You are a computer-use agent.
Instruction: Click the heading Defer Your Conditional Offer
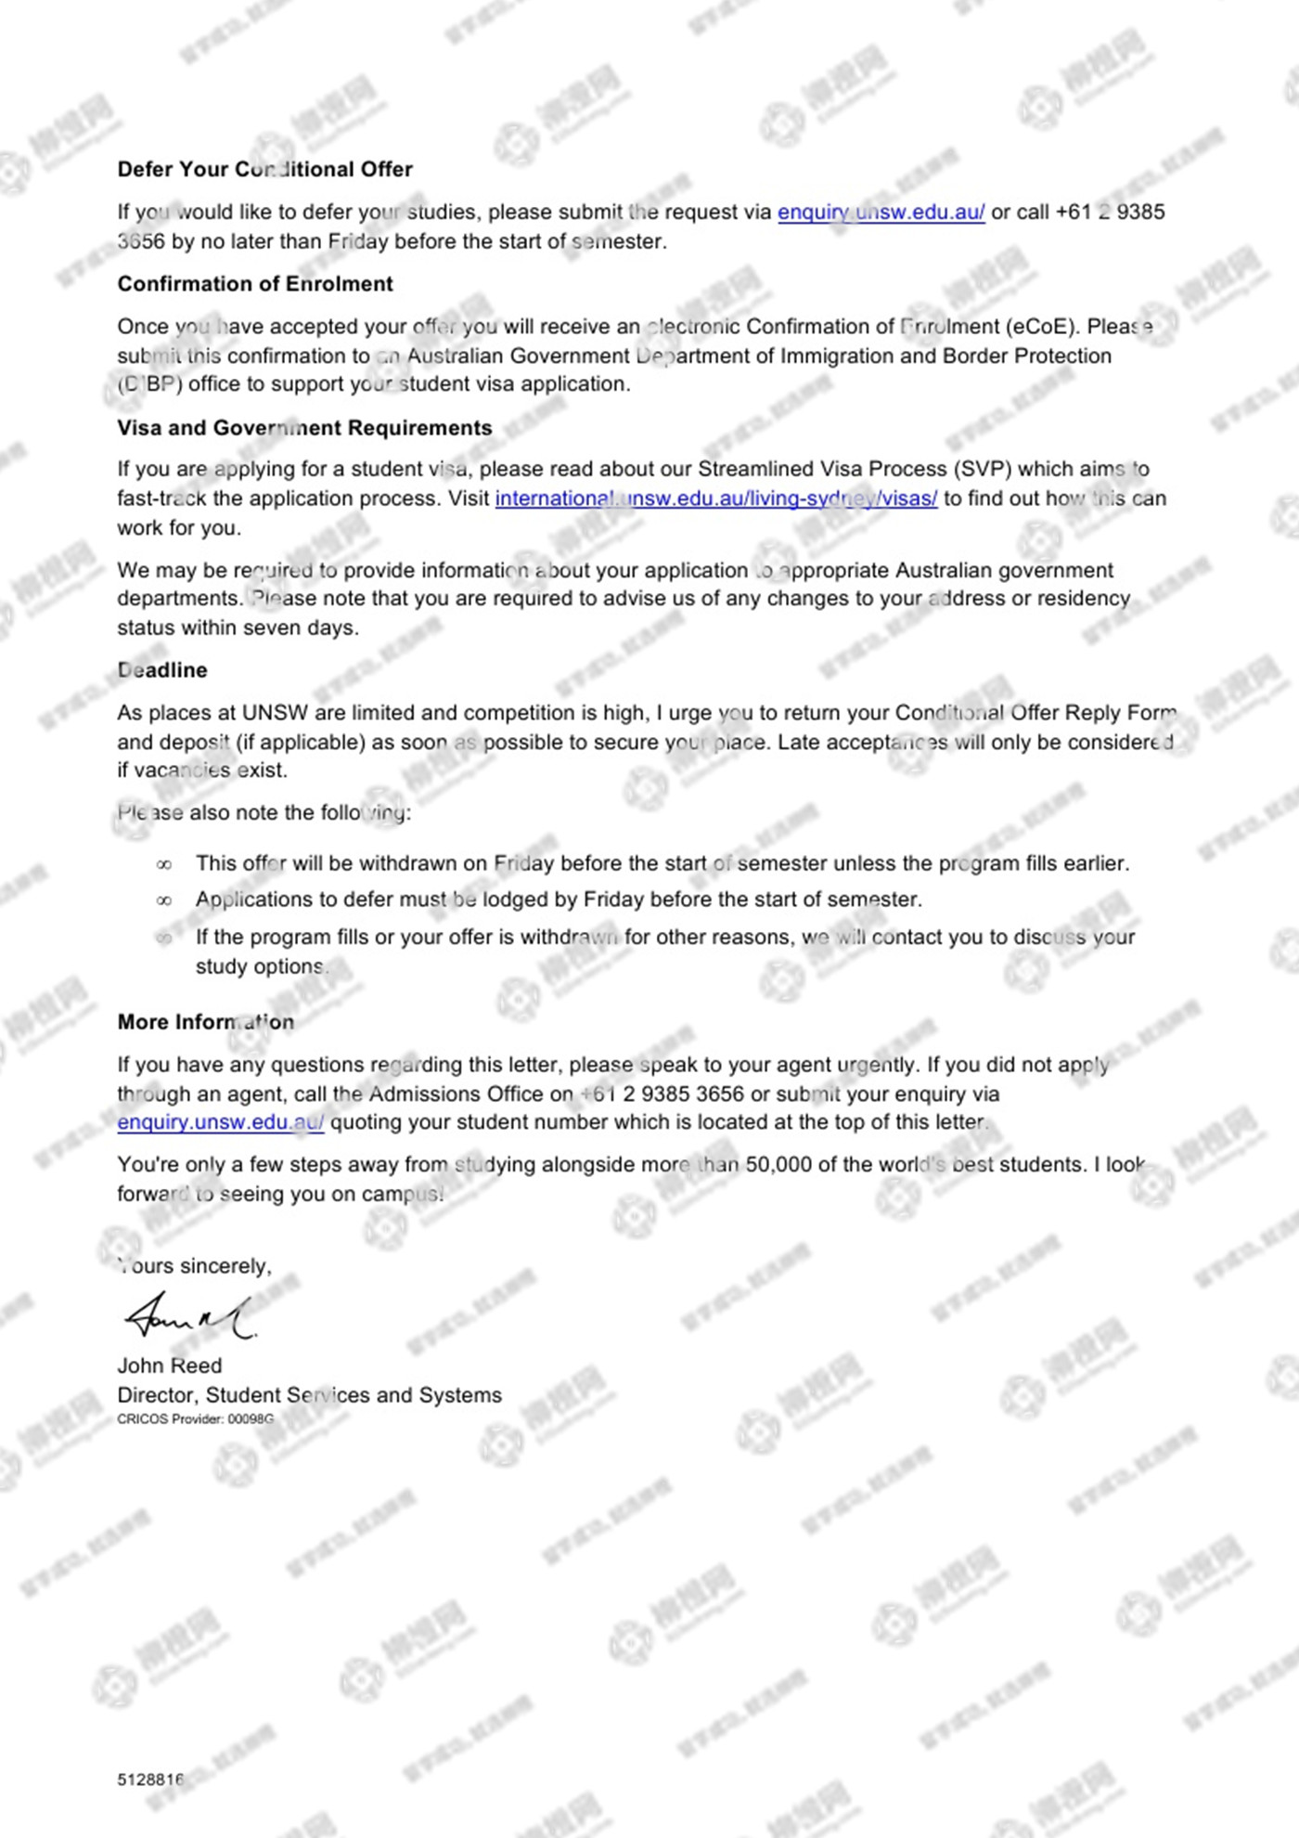pyautogui.click(x=264, y=169)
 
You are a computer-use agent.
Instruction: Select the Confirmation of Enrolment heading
pyautogui.click(x=255, y=284)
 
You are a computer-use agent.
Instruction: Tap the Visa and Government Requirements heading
pyautogui.click(x=304, y=428)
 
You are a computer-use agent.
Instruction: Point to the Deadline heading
pyautogui.click(x=162, y=670)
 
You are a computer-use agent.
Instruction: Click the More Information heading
pyautogui.click(x=205, y=1022)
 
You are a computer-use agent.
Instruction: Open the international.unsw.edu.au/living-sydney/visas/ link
pyautogui.click(x=715, y=498)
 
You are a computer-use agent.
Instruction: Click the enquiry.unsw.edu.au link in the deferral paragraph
pyautogui.click(x=881, y=213)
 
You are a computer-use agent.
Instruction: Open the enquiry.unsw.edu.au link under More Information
pyautogui.click(x=220, y=1122)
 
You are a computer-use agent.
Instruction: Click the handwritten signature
pyautogui.click(x=189, y=1316)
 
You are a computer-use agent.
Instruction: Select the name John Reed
pyautogui.click(x=170, y=1366)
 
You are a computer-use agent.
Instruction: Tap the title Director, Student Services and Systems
pyautogui.click(x=309, y=1395)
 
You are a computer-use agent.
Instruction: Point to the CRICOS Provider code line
pyautogui.click(x=195, y=1419)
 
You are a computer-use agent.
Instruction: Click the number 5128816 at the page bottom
pyautogui.click(x=150, y=1780)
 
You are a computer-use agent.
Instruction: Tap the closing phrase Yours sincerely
pyautogui.click(x=195, y=1266)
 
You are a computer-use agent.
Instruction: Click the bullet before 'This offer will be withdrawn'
pyautogui.click(x=164, y=865)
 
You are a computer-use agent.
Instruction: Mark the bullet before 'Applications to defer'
pyautogui.click(x=164, y=900)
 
